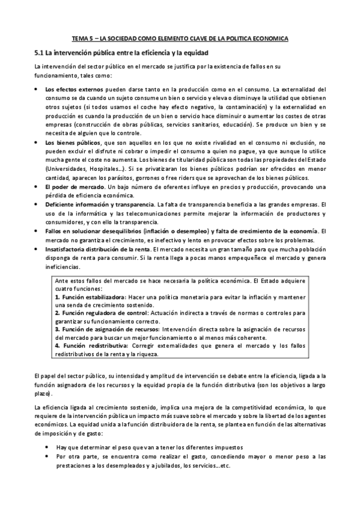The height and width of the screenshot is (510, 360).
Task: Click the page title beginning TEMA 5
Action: pos(180,38)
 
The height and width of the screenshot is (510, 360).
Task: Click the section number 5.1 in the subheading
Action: pos(40,53)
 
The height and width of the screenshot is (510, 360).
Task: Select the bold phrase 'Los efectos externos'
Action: pos(69,89)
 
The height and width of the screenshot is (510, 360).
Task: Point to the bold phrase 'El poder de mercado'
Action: pos(69,186)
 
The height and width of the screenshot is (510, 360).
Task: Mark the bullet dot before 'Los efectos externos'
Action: pos(37,90)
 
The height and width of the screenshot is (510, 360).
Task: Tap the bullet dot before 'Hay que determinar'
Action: pos(47,447)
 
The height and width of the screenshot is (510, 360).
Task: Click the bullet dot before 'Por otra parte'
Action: pos(47,456)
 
